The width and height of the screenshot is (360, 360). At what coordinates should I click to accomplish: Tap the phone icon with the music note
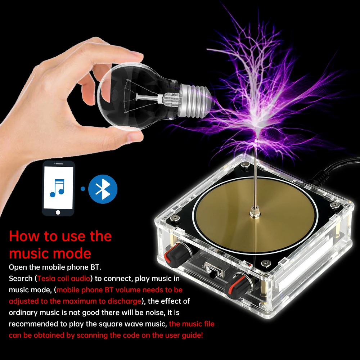pos(58,188)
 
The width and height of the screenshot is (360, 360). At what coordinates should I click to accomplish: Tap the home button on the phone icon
pos(58,212)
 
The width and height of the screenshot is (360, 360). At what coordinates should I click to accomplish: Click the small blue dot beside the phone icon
pos(83,189)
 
